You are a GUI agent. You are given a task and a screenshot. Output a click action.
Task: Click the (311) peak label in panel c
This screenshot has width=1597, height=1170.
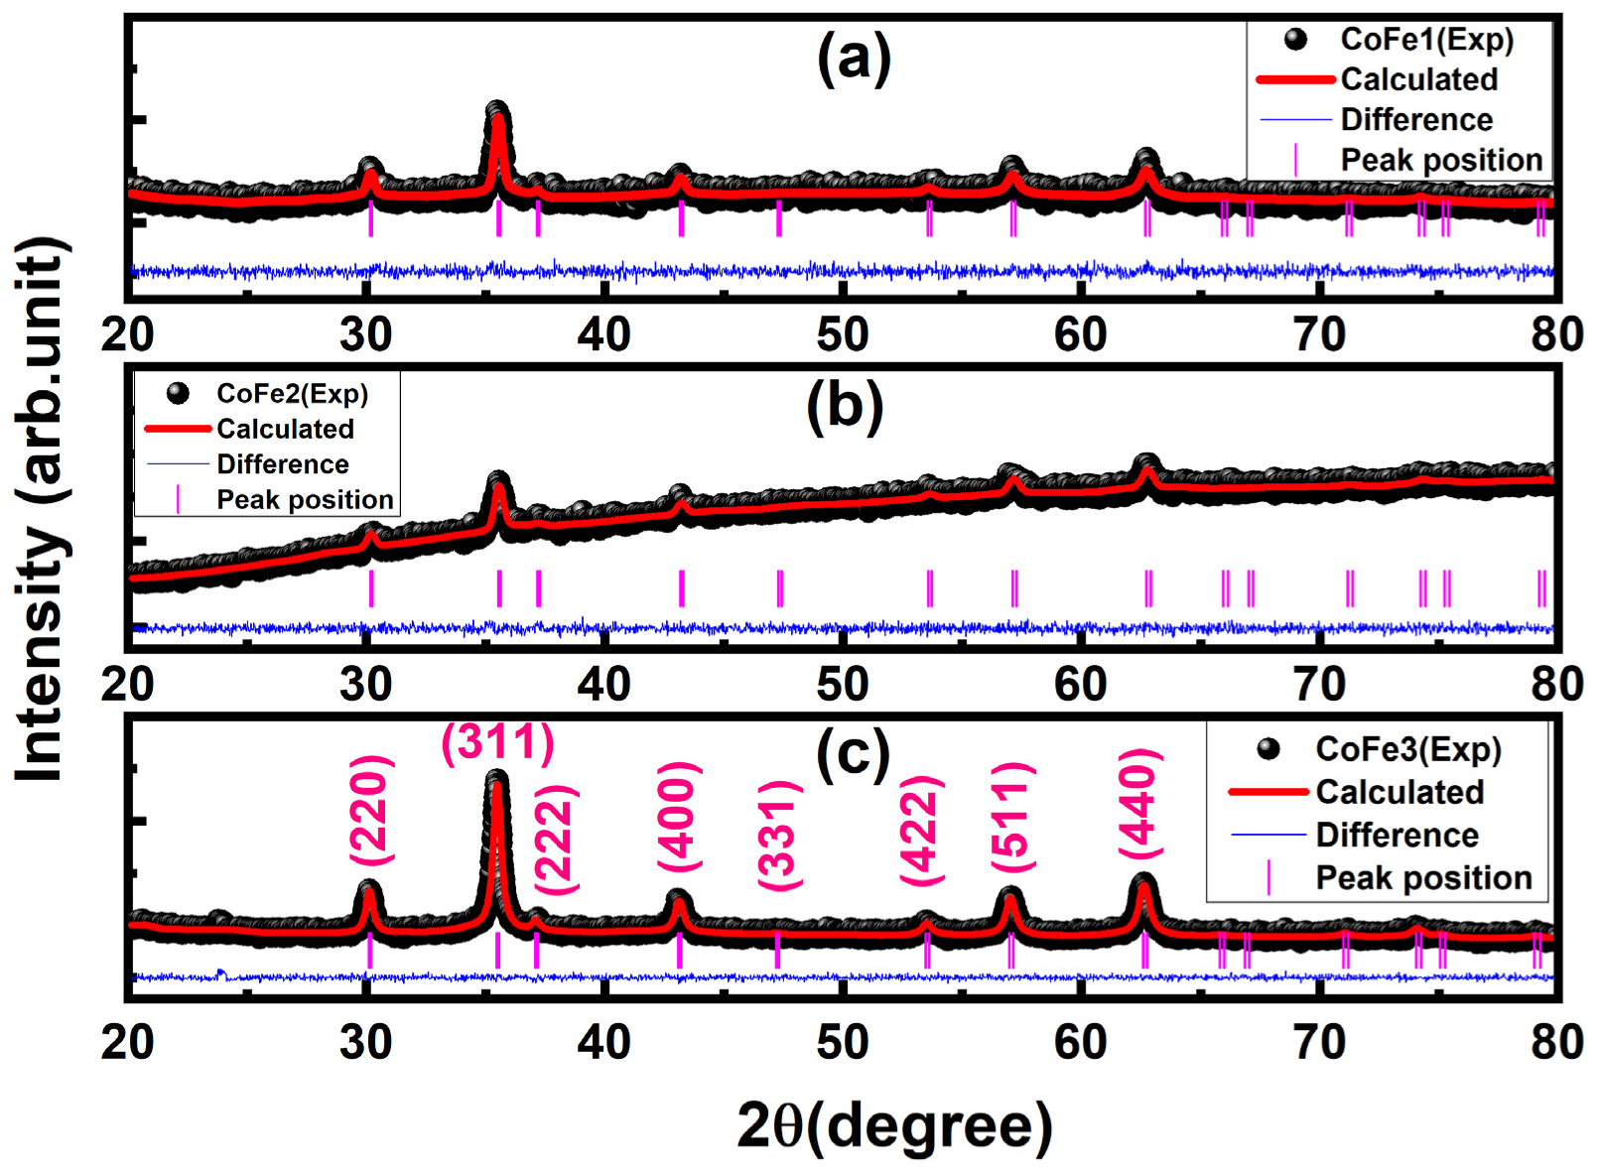click(497, 742)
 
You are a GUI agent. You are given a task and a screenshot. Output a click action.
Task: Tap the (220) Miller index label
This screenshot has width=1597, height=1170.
click(371, 810)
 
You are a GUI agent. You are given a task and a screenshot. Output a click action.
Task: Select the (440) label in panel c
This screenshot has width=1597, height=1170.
click(1139, 802)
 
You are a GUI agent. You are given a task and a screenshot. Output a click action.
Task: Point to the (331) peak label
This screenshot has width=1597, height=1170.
click(779, 835)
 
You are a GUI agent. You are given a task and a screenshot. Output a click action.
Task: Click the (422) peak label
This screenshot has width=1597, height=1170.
click(921, 830)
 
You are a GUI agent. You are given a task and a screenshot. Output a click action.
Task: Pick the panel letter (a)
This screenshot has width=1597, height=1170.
click(854, 58)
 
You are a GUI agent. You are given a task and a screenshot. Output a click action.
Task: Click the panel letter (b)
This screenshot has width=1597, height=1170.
click(845, 407)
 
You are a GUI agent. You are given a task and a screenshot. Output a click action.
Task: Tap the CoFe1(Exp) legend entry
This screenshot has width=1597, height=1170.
click(1426, 40)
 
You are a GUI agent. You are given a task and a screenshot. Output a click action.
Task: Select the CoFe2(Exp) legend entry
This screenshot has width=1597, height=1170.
click(292, 394)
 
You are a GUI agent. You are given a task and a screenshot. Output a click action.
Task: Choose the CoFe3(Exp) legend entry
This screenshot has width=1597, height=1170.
click(1407, 749)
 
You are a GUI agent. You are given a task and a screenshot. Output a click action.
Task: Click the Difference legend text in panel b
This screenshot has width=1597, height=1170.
click(283, 464)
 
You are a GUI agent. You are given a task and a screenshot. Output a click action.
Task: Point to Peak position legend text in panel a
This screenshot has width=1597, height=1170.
click(1441, 160)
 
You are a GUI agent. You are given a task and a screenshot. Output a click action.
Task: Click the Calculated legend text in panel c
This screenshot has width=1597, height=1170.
click(1399, 792)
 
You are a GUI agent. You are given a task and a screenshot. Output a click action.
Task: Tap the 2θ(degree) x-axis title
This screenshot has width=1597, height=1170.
click(894, 1125)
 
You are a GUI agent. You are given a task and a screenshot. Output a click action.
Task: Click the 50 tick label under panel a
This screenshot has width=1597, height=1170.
click(843, 334)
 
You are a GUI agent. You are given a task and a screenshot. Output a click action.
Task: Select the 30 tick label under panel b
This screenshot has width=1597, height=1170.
click(365, 685)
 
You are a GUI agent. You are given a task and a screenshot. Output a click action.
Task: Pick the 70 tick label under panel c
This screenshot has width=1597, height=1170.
click(1319, 1042)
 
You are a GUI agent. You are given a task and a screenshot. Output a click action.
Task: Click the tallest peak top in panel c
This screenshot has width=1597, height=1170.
click(496, 780)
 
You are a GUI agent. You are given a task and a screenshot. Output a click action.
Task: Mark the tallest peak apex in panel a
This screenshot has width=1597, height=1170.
click(497, 109)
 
